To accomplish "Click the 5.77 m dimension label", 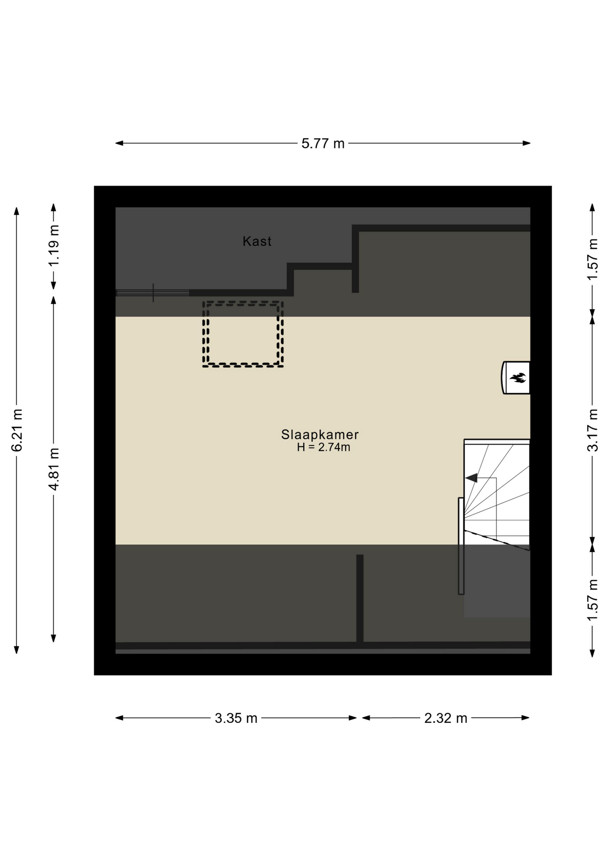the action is [323, 143].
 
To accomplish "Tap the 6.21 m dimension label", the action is [17, 430].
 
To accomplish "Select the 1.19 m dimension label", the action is [54, 246].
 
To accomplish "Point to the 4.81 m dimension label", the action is [54, 469].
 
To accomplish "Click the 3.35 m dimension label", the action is [236, 718].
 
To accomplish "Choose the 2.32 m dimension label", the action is [446, 718].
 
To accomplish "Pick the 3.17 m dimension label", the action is [592, 430].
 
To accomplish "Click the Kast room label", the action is [257, 241].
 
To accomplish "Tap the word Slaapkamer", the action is [320, 435].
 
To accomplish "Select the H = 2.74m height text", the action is [323, 447].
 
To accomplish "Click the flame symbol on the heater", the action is [518, 378].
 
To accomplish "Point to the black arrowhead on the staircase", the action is [471, 478].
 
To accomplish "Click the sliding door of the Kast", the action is [152, 293].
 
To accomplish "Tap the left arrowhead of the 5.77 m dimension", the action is [119, 143].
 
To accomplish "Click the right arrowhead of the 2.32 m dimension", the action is [526, 718].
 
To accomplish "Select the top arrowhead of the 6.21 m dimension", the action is [17, 211].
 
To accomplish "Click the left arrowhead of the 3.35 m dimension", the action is [119, 718].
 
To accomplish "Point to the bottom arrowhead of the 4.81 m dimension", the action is [54, 638].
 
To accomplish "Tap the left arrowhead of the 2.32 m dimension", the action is [366, 718].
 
